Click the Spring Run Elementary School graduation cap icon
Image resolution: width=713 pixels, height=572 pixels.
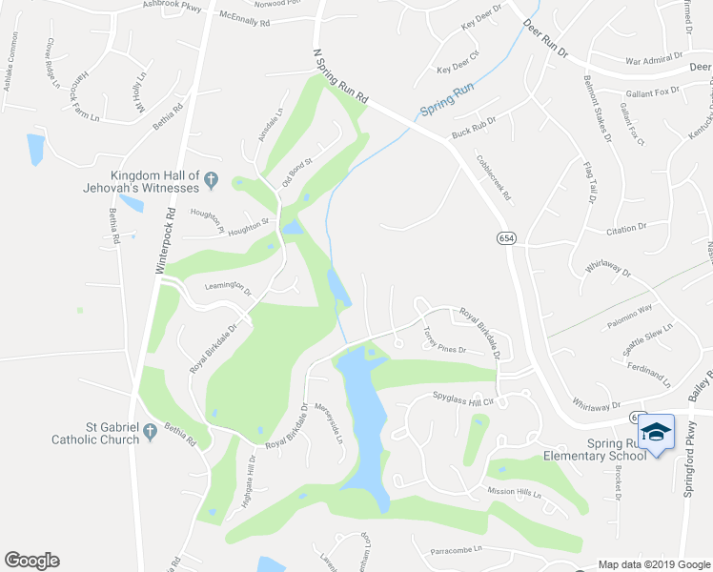click(x=655, y=432)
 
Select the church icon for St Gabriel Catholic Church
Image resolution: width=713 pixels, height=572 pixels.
click(x=150, y=434)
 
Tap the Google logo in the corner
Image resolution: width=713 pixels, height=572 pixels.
click(x=31, y=561)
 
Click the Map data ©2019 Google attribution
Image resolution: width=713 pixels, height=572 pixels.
click(x=653, y=564)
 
